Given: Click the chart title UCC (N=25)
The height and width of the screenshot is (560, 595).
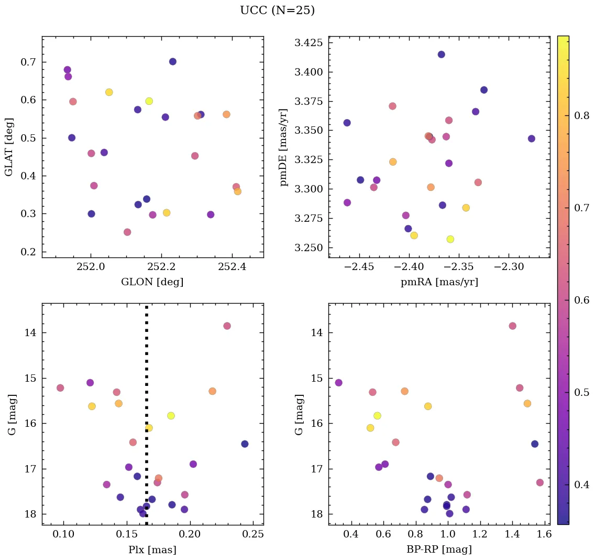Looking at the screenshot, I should (x=277, y=10).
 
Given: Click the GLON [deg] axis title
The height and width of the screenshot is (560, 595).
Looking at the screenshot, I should (x=152, y=282).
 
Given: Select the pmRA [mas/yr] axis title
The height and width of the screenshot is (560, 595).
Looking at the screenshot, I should (x=439, y=282).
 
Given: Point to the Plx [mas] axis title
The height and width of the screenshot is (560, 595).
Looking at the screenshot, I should (x=152, y=550).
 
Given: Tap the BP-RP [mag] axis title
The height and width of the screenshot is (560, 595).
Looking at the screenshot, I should (x=439, y=550).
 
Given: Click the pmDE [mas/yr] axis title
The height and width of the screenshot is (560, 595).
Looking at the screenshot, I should (x=284, y=147).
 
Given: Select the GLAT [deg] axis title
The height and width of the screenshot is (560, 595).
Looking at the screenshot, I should (x=9, y=147).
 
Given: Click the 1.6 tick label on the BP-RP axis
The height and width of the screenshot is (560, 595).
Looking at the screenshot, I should (x=544, y=535).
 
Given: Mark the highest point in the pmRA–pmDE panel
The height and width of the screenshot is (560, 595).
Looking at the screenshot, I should (x=441, y=55).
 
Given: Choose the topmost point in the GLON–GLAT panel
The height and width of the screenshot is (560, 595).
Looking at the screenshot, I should (x=172, y=61).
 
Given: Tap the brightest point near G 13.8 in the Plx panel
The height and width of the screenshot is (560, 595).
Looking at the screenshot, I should (x=227, y=326).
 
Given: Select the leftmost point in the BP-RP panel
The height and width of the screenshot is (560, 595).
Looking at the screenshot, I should (x=338, y=382).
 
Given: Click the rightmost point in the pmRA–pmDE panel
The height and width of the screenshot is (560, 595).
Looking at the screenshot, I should (x=531, y=138).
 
